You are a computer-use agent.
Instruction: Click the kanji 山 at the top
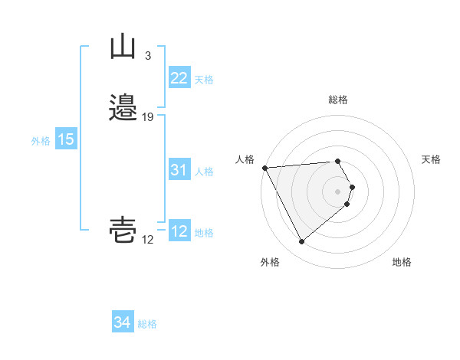coord(123,47)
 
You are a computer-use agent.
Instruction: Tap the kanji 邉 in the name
coord(123,107)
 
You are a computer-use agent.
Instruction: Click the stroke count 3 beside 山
coord(147,56)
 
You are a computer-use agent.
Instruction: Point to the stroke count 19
coord(148,116)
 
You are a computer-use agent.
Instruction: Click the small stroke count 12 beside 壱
coord(147,240)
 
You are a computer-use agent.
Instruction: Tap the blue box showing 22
coord(179,78)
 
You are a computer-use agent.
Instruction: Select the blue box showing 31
coord(179,171)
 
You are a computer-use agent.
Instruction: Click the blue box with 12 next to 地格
coord(179,231)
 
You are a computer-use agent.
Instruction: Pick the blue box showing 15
coord(66,139)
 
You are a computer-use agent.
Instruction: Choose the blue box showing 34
coord(122,323)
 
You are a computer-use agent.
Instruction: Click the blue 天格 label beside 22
coord(204,80)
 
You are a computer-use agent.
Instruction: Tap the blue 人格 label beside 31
coord(204,172)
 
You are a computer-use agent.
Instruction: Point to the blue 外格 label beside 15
coord(40,141)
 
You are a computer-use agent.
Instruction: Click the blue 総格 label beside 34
coord(147,324)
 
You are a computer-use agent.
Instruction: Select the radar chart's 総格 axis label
coord(338,100)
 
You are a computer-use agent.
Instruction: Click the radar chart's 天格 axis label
coord(432,159)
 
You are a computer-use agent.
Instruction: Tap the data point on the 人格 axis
coord(264,167)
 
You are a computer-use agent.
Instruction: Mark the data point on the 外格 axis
coord(301,242)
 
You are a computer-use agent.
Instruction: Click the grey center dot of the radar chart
coord(338,191)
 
